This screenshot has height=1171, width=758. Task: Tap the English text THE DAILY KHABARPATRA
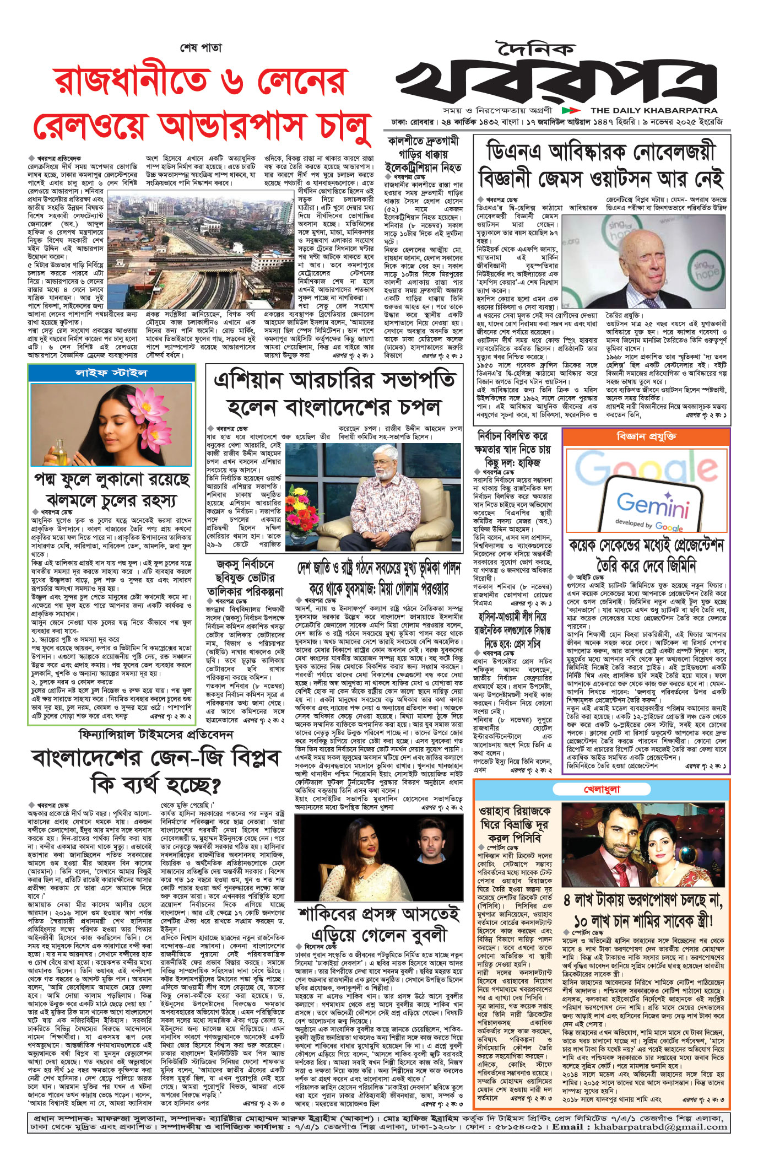654,110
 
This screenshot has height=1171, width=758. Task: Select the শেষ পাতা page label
201,48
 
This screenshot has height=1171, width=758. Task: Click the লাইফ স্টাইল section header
112,373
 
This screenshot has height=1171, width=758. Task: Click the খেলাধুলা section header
602,790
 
